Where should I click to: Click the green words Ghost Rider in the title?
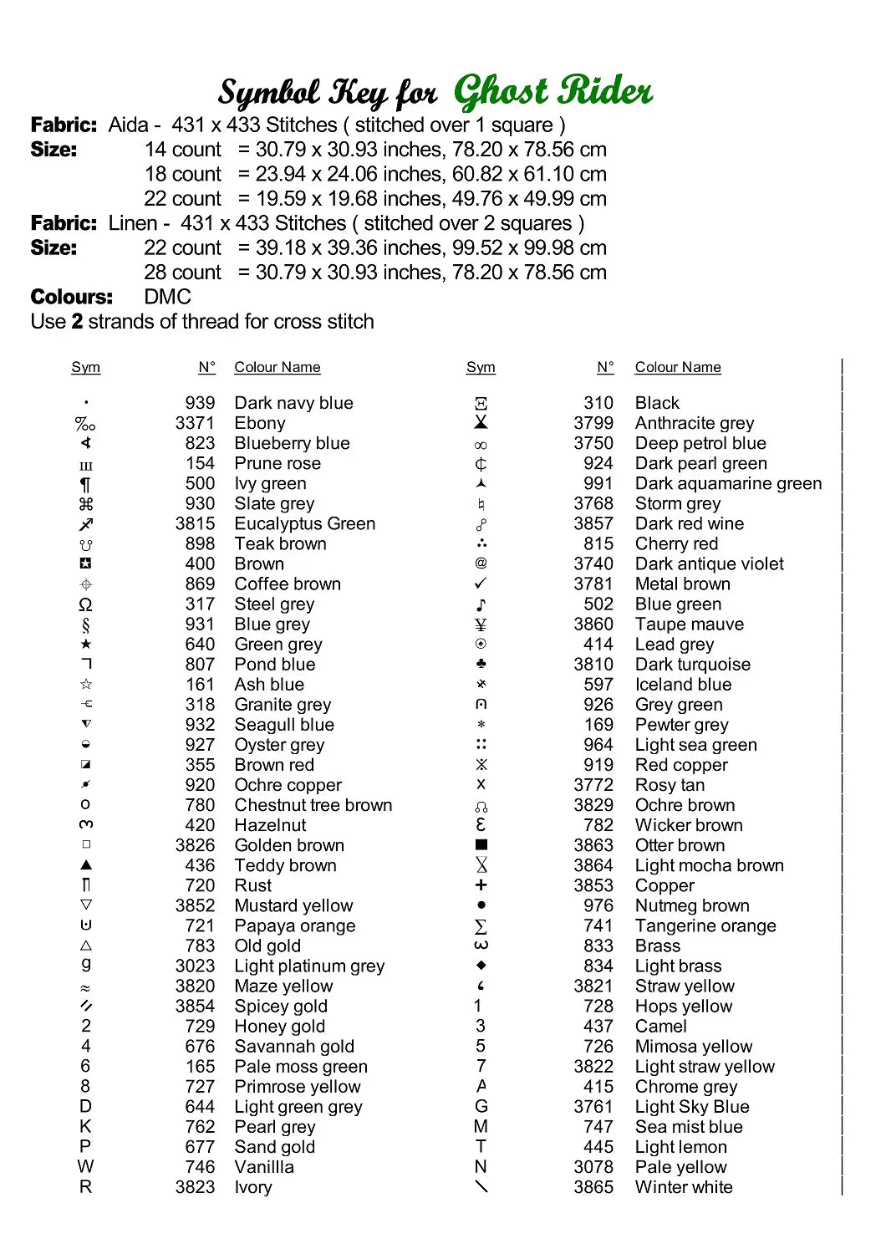click(x=552, y=91)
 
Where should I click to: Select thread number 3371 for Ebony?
click(x=195, y=423)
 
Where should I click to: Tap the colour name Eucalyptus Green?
click(x=304, y=523)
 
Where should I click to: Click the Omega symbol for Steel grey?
click(x=85, y=604)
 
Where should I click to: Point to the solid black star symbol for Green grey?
click(x=85, y=645)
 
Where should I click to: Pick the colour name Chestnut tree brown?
click(x=313, y=805)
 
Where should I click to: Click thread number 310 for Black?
click(x=598, y=403)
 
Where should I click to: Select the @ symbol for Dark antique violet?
click(x=481, y=563)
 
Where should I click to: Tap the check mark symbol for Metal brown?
click(x=481, y=584)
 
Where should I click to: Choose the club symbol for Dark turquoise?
click(x=481, y=665)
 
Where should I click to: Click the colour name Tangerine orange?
click(x=705, y=925)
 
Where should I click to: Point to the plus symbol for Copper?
click(x=481, y=885)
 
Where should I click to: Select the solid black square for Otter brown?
click(x=481, y=845)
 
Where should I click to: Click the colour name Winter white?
click(x=683, y=1187)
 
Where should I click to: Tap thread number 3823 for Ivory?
click(x=195, y=1187)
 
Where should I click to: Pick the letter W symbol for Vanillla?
click(x=85, y=1167)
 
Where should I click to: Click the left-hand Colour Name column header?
click(x=277, y=367)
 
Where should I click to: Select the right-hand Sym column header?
click(x=481, y=367)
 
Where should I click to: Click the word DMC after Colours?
click(x=167, y=297)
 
